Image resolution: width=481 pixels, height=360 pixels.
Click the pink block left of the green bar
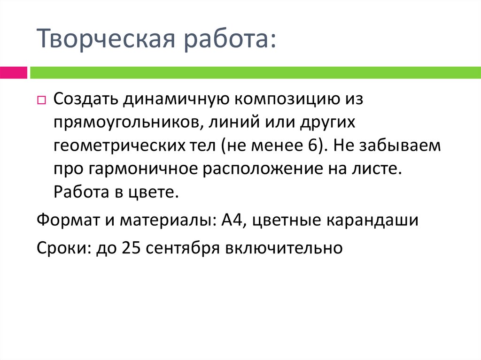point(13,72)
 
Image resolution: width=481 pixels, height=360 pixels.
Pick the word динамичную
point(173,100)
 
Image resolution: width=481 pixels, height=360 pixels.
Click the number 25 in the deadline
point(130,247)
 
